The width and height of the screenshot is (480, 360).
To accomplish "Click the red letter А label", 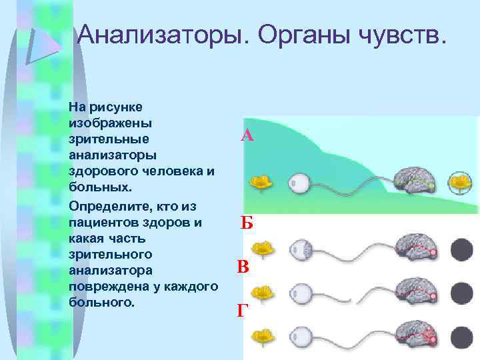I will (247, 137).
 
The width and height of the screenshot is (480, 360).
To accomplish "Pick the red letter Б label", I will (247, 223).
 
